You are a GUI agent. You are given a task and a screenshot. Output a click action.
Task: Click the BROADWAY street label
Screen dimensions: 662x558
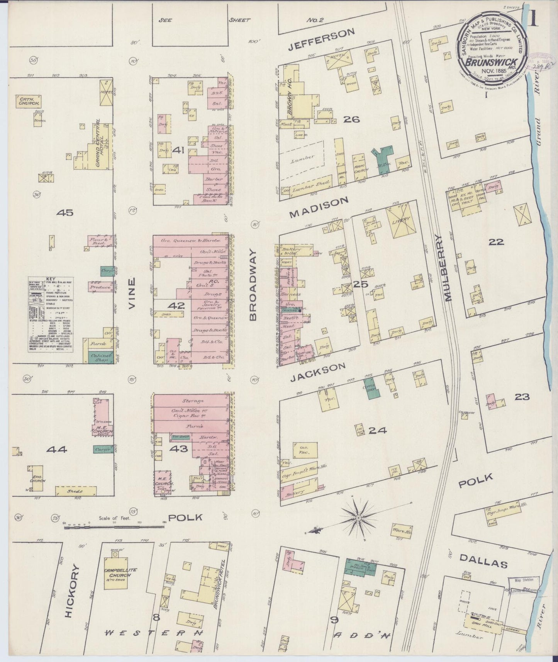pyautogui.click(x=253, y=285)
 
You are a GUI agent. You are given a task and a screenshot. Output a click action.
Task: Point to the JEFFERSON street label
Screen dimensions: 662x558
pyautogui.click(x=322, y=40)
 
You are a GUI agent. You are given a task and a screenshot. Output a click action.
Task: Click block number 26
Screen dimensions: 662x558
pyautogui.click(x=352, y=119)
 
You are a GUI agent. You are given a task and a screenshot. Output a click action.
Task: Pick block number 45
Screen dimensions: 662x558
pyautogui.click(x=64, y=212)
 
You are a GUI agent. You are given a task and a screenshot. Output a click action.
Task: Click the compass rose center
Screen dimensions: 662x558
pyautogui.click(x=359, y=517)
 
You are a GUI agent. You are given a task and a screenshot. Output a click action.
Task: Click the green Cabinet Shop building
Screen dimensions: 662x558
pyautogui.click(x=98, y=358)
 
